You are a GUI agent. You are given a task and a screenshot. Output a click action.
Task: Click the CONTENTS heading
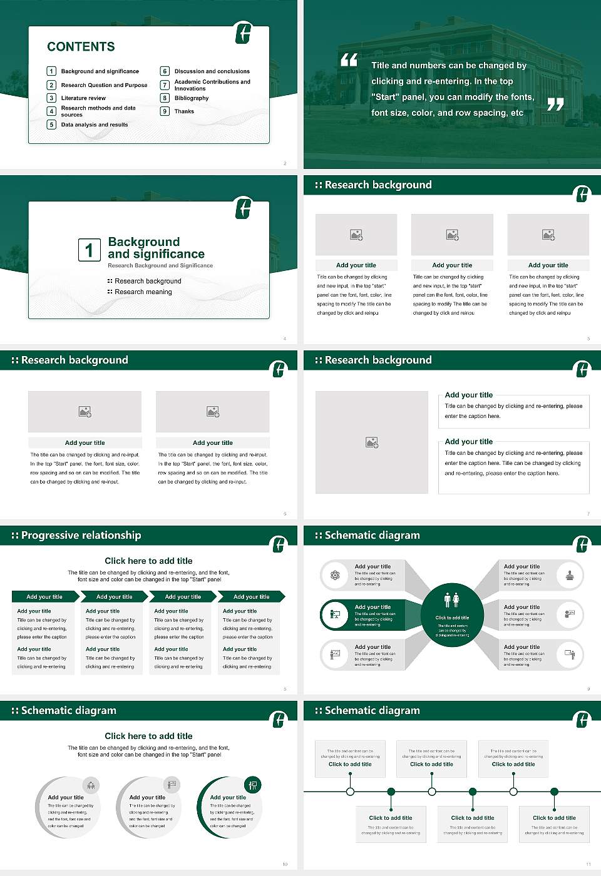(81, 46)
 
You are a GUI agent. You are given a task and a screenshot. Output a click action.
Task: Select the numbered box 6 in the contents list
(165, 71)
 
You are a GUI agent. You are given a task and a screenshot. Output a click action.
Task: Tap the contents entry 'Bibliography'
(191, 98)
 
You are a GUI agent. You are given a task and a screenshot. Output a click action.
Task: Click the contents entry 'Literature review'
(83, 98)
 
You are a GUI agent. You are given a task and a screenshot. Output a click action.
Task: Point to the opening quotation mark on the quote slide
(349, 60)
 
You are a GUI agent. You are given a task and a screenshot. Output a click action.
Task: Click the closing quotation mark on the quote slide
(555, 104)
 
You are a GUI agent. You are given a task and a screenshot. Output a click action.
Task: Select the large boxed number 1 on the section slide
(89, 250)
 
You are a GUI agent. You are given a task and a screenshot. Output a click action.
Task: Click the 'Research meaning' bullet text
(143, 292)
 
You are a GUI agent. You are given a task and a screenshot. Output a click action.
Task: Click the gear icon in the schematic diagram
(336, 575)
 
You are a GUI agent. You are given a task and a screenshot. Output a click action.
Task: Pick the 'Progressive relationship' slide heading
(81, 535)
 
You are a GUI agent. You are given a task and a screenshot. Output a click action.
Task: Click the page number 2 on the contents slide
(285, 163)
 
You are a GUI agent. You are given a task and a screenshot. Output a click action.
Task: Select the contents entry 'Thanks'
(184, 111)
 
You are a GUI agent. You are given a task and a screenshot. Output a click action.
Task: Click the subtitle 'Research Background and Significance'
(160, 265)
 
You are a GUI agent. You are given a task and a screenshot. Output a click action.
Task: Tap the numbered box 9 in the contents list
(165, 111)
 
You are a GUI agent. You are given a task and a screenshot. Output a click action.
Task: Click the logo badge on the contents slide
(244, 33)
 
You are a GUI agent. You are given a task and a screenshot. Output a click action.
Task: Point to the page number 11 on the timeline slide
(588, 864)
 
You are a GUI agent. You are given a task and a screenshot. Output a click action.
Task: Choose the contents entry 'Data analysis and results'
(94, 125)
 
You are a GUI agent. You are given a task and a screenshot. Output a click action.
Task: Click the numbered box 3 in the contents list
(52, 98)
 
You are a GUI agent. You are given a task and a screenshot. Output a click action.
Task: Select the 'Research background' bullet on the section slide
(148, 281)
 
